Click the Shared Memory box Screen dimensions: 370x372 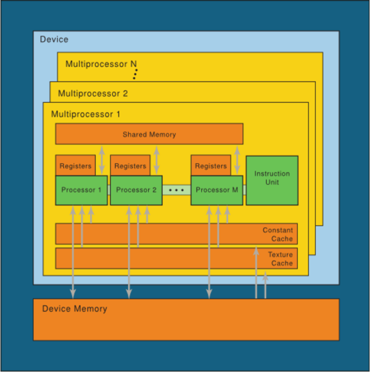tap(149, 134)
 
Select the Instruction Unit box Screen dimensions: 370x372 tap(272, 180)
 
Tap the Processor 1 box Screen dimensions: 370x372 tap(81, 190)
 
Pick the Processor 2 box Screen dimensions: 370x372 tap(136, 190)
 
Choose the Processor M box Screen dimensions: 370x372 tap(217, 190)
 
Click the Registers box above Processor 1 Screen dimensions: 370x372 tap(75, 165)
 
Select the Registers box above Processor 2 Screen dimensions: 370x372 tap(130, 165)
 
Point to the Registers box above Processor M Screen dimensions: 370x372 tap(211, 165)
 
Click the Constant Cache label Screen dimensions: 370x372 tap(277, 235)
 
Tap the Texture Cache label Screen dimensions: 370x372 tap(281, 259)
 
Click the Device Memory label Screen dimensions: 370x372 tap(75, 309)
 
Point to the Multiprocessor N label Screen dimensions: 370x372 tap(101, 64)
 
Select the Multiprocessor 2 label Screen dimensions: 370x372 tap(93, 94)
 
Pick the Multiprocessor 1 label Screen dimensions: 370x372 tap(86, 114)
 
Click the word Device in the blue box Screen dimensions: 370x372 tap(54, 39)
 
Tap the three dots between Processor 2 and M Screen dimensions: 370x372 tap(176, 190)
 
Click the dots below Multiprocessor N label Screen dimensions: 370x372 tap(135, 74)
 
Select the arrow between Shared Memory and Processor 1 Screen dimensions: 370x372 tap(102, 160)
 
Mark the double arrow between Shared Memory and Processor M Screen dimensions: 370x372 tap(237, 160)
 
